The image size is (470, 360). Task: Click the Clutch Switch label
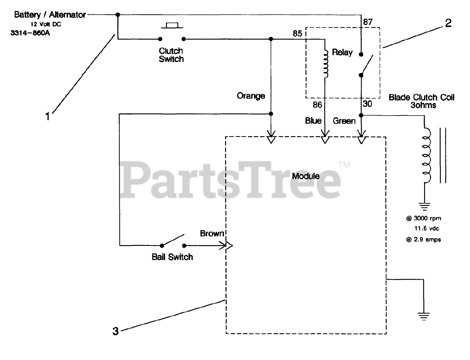coord(171,55)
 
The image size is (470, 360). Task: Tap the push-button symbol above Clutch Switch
coord(171,26)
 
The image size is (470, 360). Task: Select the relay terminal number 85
coord(297,34)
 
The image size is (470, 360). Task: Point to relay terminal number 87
coord(368,22)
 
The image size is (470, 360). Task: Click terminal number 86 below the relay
coord(317,105)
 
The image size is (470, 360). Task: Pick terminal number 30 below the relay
coord(367,104)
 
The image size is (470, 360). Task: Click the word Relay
coord(342,52)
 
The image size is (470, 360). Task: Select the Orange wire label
coord(251,96)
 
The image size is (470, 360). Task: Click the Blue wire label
coord(313,121)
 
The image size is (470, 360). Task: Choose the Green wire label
coord(344,121)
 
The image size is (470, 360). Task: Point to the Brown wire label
coord(212,233)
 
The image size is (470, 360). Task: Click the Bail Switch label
coord(172,257)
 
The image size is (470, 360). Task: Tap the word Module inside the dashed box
coord(305,176)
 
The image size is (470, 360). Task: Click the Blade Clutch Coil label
coord(422,101)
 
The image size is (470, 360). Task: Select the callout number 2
coord(448,23)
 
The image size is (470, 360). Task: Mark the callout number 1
coord(47,117)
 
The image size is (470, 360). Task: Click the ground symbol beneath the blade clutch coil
coord(425,207)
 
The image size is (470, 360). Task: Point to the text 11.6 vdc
coord(427,229)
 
